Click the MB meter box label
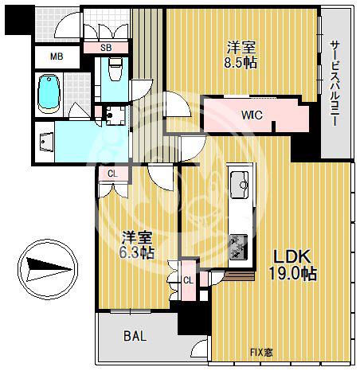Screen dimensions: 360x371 [57, 57]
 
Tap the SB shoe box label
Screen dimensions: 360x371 [106, 48]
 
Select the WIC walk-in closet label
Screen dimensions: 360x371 [252, 115]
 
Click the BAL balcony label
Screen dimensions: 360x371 [135, 337]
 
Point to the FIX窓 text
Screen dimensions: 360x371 [261, 353]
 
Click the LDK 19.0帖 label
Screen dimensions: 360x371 [293, 264]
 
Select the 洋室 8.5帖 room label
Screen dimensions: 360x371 [241, 55]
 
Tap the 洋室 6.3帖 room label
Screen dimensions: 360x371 [137, 245]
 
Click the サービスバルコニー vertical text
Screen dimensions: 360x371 [335, 83]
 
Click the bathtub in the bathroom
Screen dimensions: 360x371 [49, 94]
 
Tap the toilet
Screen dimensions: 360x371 [115, 69]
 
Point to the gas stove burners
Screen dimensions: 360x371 [239, 247]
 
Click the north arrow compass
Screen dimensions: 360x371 [48, 269]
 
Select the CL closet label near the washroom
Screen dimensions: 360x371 [112, 174]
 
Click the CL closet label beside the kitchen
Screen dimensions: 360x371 [188, 280]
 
